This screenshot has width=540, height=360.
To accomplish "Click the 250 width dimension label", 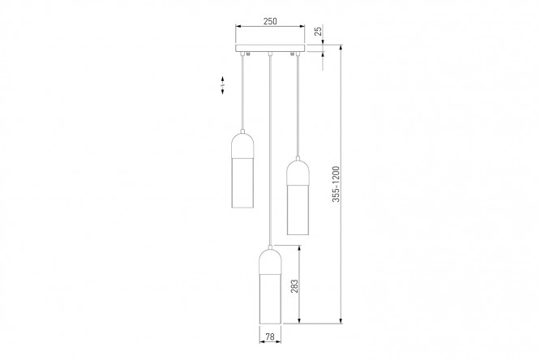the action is (270, 21).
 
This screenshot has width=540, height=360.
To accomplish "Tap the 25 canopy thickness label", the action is (319, 32).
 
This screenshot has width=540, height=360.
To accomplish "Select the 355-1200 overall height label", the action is (336, 184).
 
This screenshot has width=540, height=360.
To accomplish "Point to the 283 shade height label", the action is (294, 286).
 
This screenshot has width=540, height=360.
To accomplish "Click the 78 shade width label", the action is (270, 336).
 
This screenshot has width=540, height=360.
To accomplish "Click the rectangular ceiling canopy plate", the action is (270, 48).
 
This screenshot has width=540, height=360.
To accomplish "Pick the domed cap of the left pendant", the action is (242, 146).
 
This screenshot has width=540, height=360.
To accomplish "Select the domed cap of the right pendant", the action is (298, 172).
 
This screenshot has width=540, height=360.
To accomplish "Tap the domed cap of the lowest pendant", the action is (270, 261).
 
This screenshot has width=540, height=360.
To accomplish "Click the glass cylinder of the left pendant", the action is (242, 183).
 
